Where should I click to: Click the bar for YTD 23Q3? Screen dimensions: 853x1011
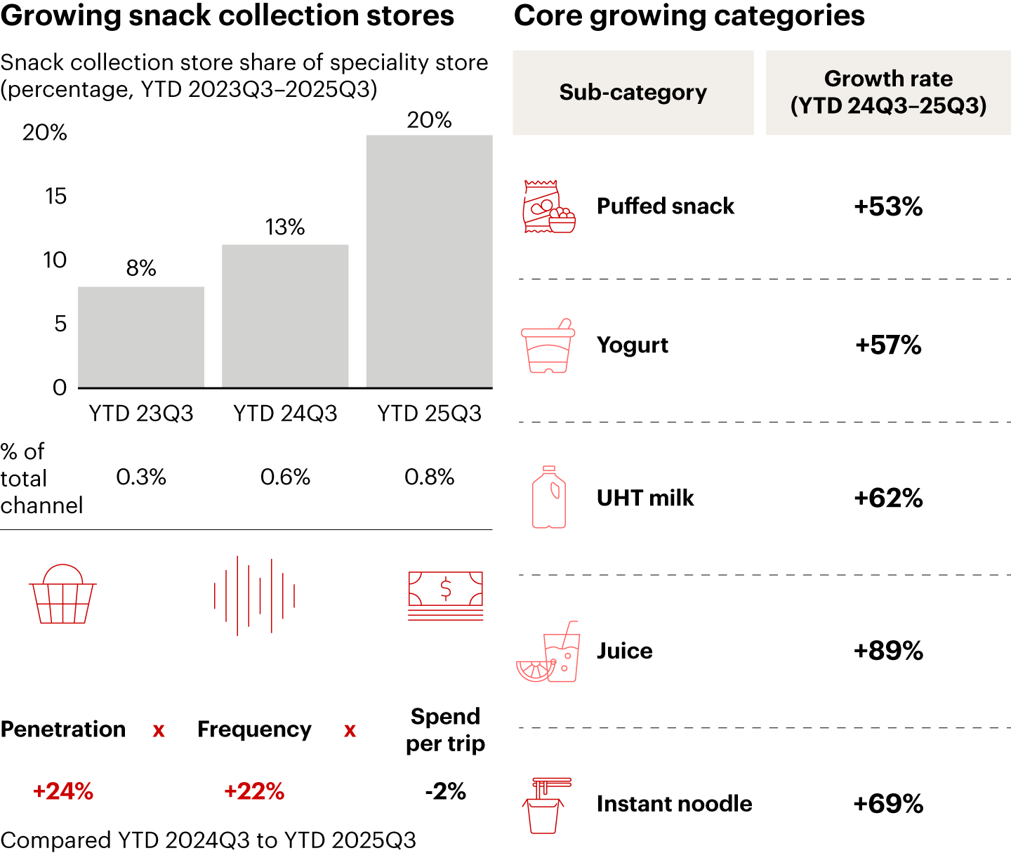141,337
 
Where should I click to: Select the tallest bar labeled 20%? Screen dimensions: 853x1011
429,260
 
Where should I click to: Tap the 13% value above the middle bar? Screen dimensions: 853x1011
285,227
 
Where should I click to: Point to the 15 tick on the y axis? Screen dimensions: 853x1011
55,196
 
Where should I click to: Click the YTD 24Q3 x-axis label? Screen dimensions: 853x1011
285,414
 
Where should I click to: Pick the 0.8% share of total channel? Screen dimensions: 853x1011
429,477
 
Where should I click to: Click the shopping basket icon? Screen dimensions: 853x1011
62,595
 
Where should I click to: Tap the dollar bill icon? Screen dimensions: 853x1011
446,595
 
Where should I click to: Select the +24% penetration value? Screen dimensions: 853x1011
63,791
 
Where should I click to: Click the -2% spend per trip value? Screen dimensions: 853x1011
445,791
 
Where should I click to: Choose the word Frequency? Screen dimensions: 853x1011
254,729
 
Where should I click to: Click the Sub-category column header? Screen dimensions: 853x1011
633,92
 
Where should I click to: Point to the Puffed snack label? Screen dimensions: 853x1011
665,206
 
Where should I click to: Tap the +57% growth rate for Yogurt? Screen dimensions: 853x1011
888,345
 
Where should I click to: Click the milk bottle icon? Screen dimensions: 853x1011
549,497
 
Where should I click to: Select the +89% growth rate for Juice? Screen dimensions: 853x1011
888,651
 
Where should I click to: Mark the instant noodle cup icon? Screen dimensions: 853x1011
546,806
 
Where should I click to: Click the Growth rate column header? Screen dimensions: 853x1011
888,92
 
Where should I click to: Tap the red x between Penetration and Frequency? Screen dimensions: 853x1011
159,731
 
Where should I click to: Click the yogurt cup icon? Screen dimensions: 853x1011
548,347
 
